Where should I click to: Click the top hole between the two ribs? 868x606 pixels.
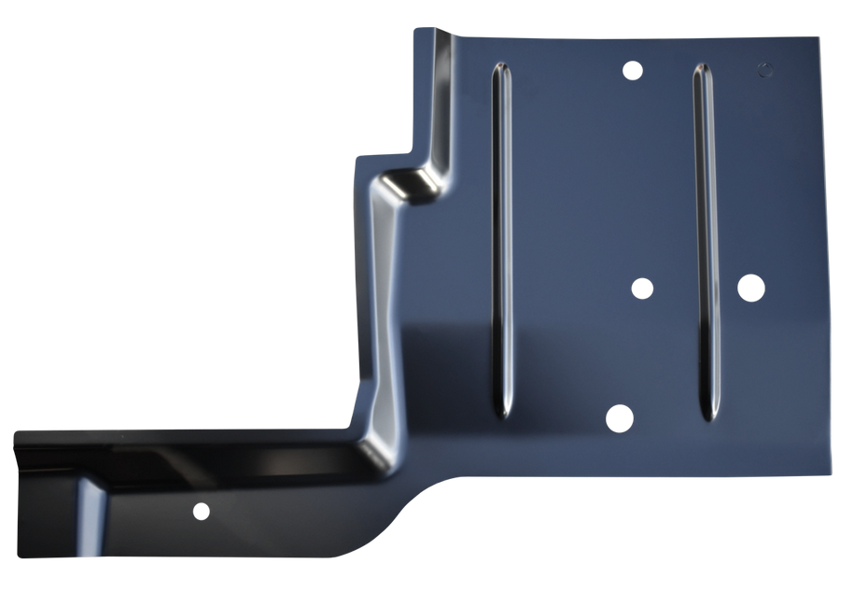pos(632,70)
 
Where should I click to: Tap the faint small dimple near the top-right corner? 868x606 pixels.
pos(765,68)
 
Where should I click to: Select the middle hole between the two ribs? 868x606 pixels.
pos(642,288)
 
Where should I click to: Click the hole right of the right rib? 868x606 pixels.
pos(750,288)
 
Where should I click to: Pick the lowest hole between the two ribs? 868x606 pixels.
pos(619,418)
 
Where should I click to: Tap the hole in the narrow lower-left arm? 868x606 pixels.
pos(200,511)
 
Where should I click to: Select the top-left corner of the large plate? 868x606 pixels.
pos(416,31)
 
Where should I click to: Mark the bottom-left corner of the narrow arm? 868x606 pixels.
pos(18,556)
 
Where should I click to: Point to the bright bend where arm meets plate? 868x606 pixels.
pos(373,439)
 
